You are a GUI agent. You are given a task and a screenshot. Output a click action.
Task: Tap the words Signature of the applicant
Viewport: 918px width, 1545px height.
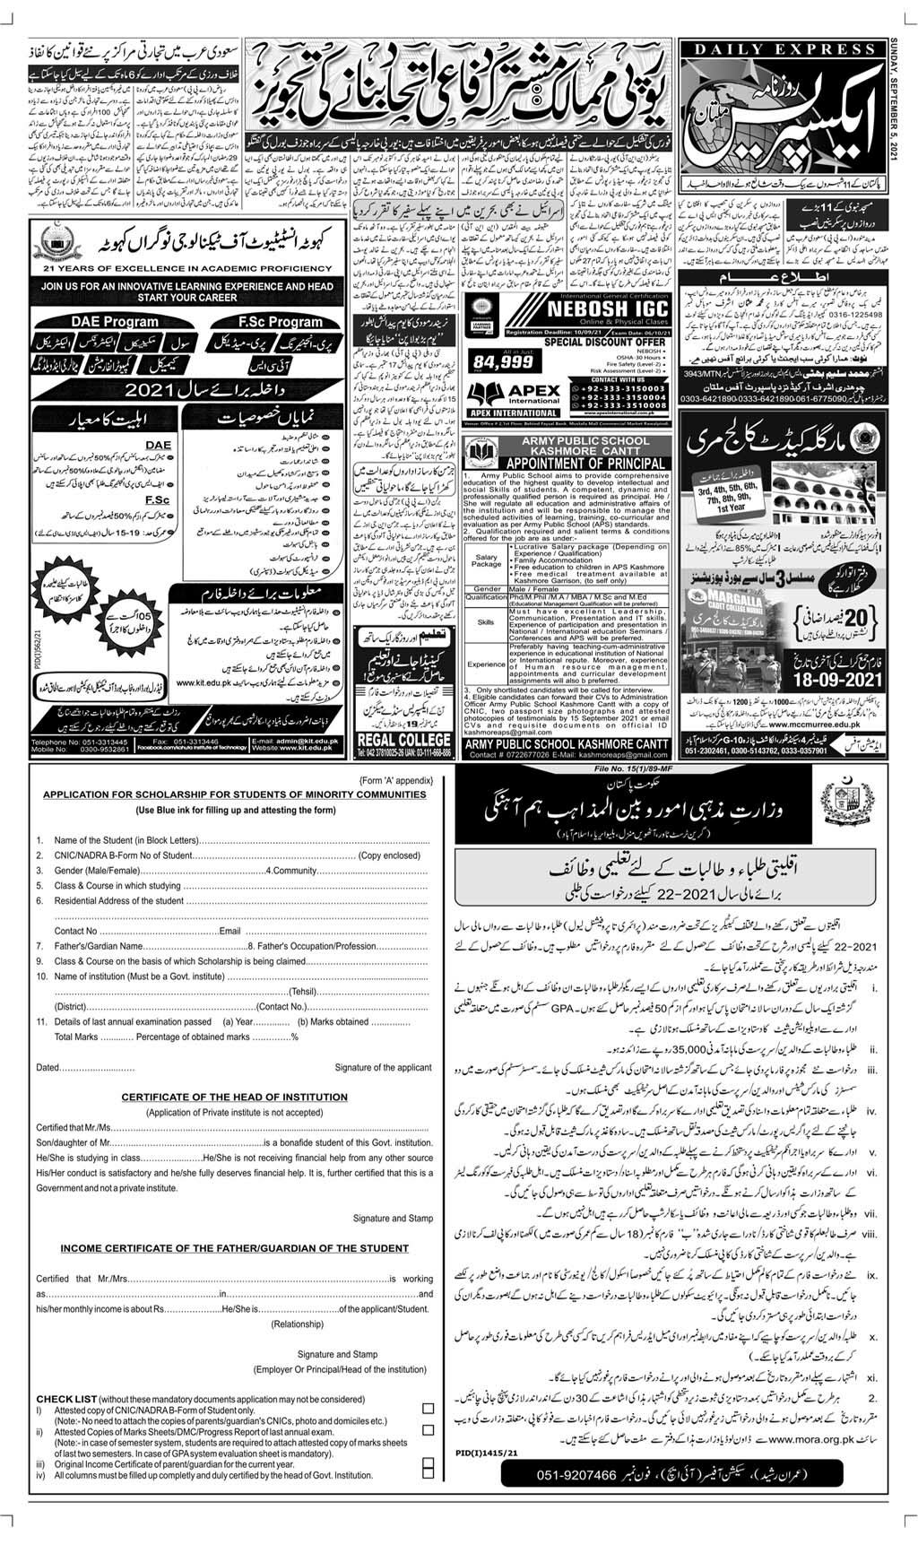383,1067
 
